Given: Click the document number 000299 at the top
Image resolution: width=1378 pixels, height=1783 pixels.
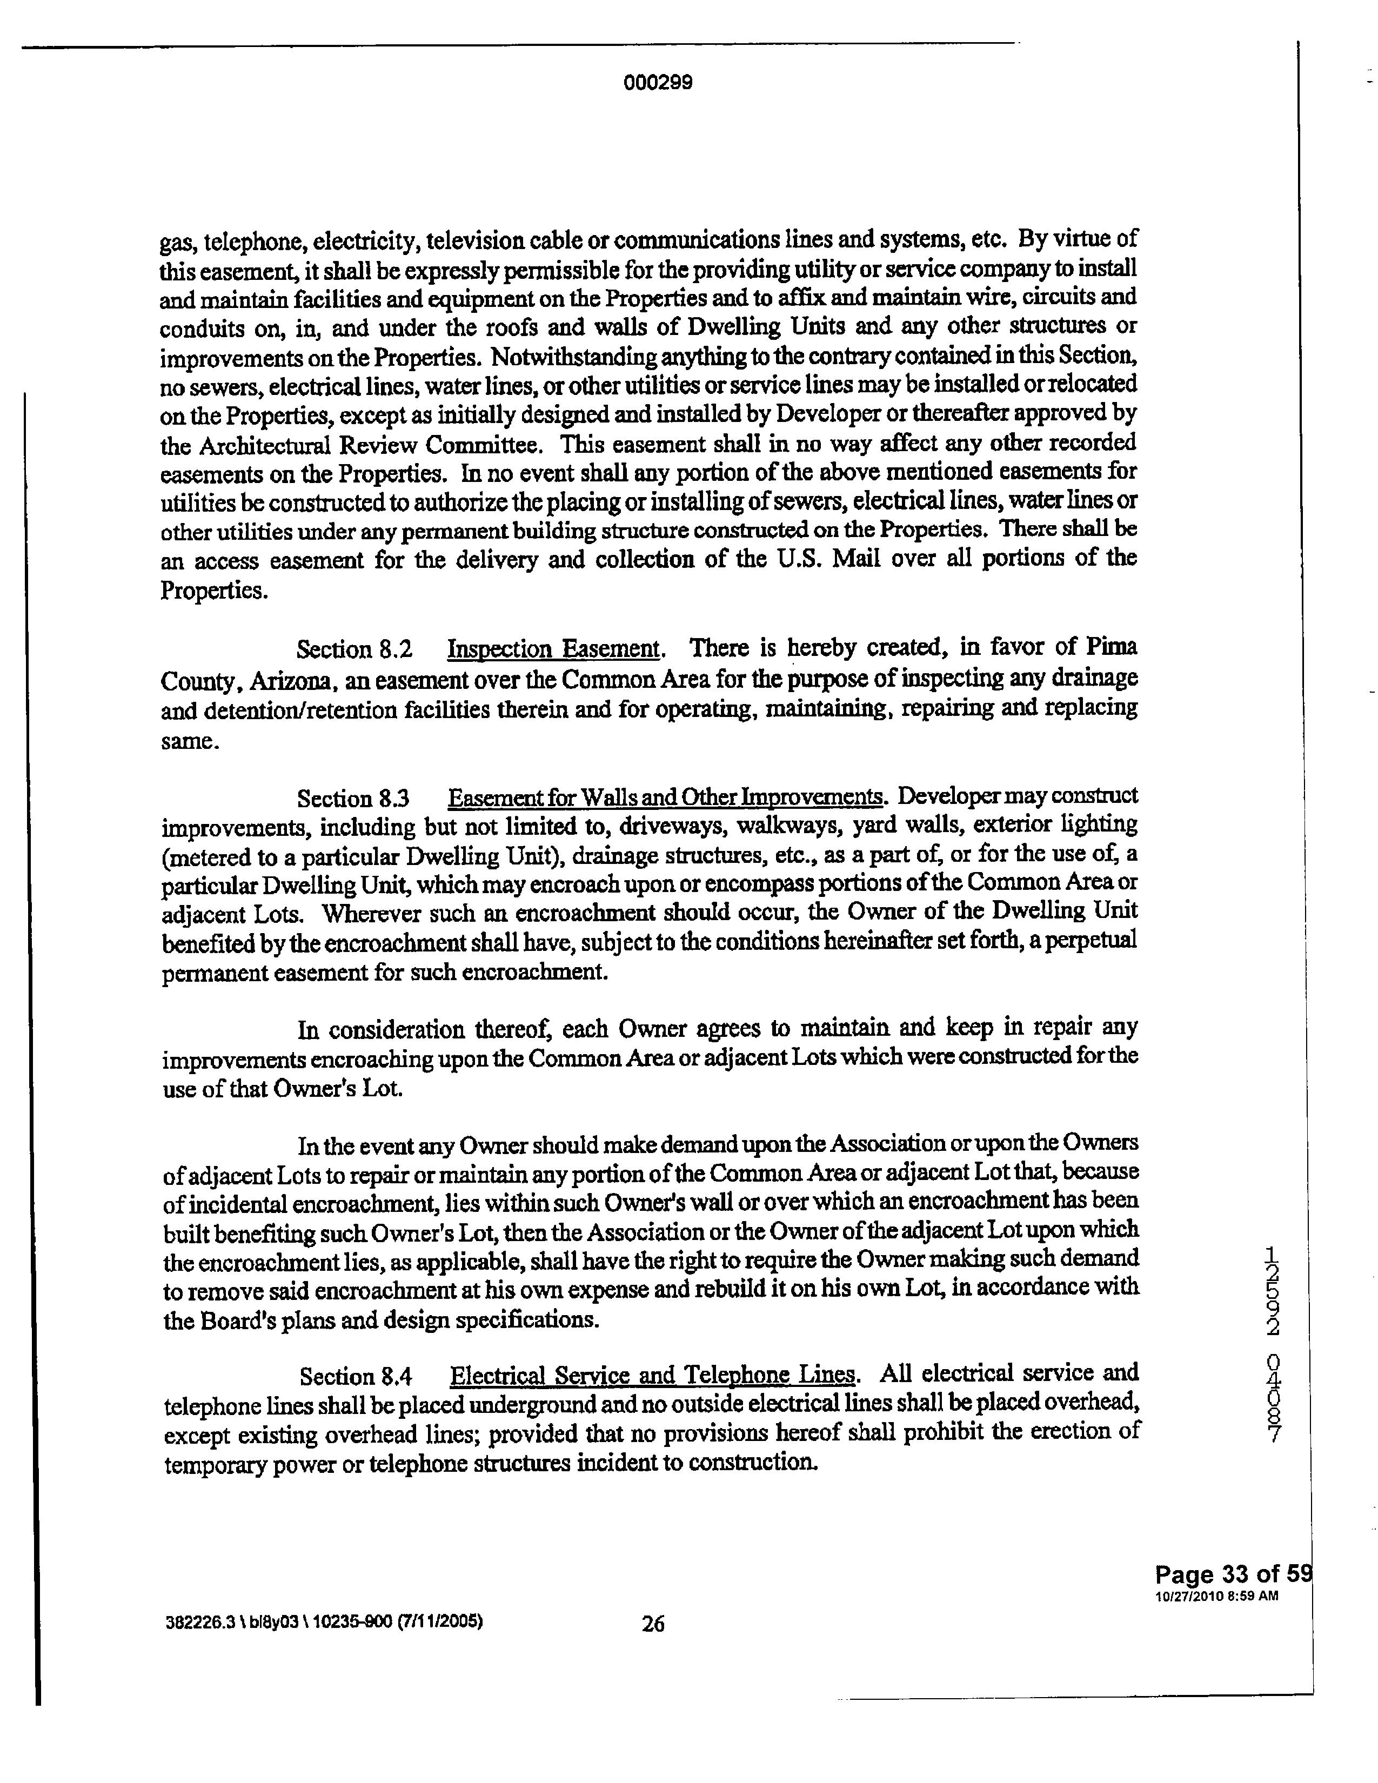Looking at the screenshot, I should [657, 83].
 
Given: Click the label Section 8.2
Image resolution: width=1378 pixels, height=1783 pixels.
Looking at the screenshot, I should [353, 650].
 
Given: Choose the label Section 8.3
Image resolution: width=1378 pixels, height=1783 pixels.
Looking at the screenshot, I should [353, 797].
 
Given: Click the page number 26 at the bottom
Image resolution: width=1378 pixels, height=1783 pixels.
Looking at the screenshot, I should [653, 1624].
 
